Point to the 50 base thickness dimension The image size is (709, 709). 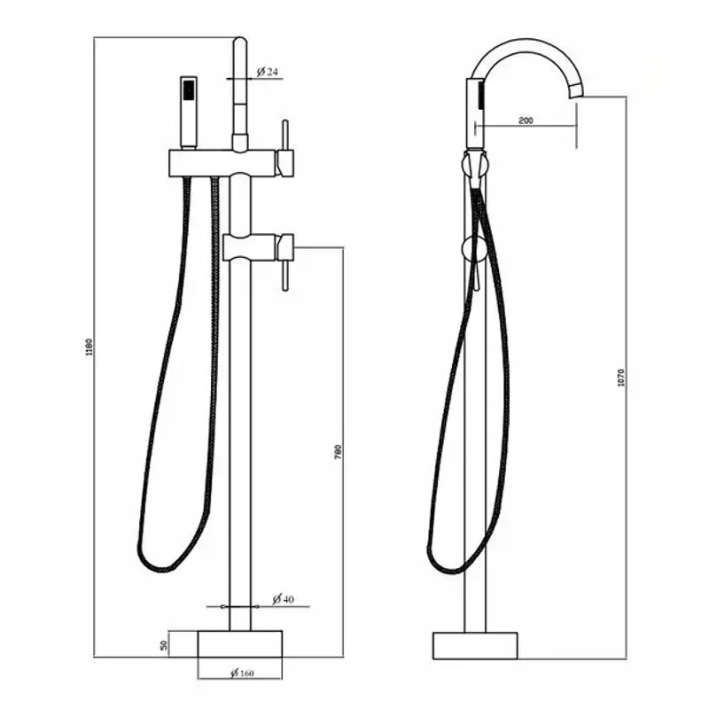tap(165, 645)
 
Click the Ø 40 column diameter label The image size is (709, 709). tap(282, 599)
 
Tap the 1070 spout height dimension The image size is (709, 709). tap(621, 378)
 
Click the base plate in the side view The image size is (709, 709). tap(476, 644)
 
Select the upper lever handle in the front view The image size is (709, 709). tap(285, 146)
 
